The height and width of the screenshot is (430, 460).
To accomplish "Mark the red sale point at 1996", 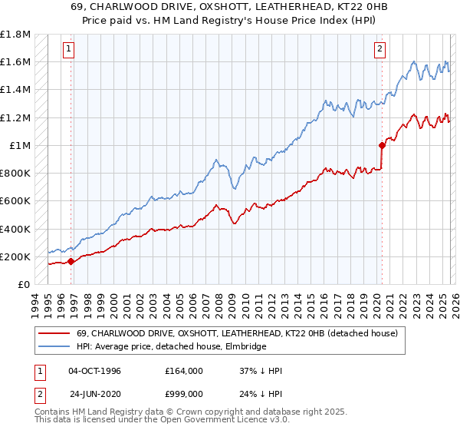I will [x=71, y=261].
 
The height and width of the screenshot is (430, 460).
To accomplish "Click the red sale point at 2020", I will [x=382, y=144].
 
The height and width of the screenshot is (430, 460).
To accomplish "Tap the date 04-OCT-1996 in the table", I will [x=94, y=371].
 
